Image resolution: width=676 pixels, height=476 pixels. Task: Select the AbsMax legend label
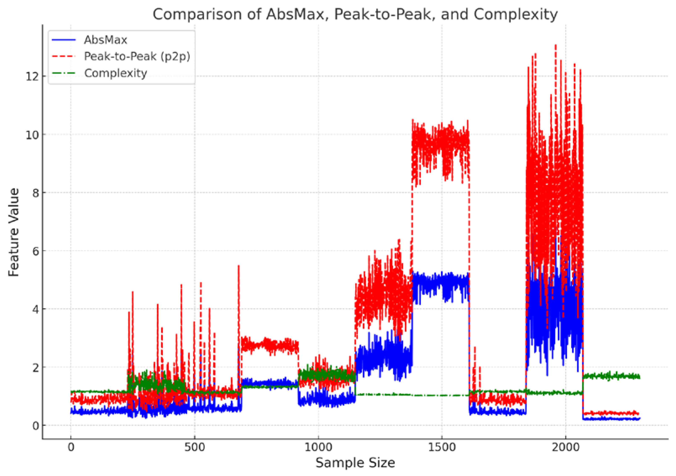(x=105, y=40)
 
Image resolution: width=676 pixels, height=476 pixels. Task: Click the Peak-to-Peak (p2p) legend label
(x=137, y=56)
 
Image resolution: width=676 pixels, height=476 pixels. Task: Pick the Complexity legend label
(x=115, y=73)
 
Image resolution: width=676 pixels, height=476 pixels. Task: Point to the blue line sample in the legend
(x=64, y=40)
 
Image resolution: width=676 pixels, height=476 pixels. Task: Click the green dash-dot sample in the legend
(x=64, y=73)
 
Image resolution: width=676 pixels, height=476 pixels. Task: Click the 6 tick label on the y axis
(x=35, y=251)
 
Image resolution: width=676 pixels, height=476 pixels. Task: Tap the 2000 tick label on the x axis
(x=566, y=447)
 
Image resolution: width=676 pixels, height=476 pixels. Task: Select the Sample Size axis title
(x=355, y=463)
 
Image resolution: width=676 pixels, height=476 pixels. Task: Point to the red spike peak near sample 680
(x=239, y=266)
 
